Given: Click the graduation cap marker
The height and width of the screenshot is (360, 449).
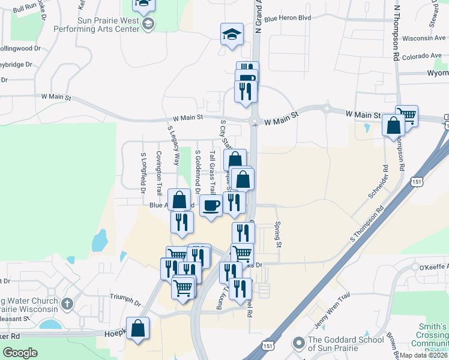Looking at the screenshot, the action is tap(231, 34).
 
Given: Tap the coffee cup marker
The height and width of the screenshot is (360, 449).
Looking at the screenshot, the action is tap(211, 206).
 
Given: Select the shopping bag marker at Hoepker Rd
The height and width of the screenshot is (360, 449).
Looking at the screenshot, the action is tap(138, 328).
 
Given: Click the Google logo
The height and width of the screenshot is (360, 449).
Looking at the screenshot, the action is tap(20, 353).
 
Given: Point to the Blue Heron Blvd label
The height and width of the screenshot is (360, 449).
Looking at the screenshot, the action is tap(288, 19).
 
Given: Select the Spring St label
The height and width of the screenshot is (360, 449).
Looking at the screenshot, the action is tap(279, 227).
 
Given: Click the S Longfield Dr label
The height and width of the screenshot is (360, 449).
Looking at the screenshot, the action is tap(143, 173).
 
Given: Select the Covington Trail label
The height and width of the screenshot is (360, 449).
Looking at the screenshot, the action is tap(159, 173).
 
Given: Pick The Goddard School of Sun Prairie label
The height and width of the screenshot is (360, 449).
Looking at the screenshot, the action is tap(345, 344).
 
